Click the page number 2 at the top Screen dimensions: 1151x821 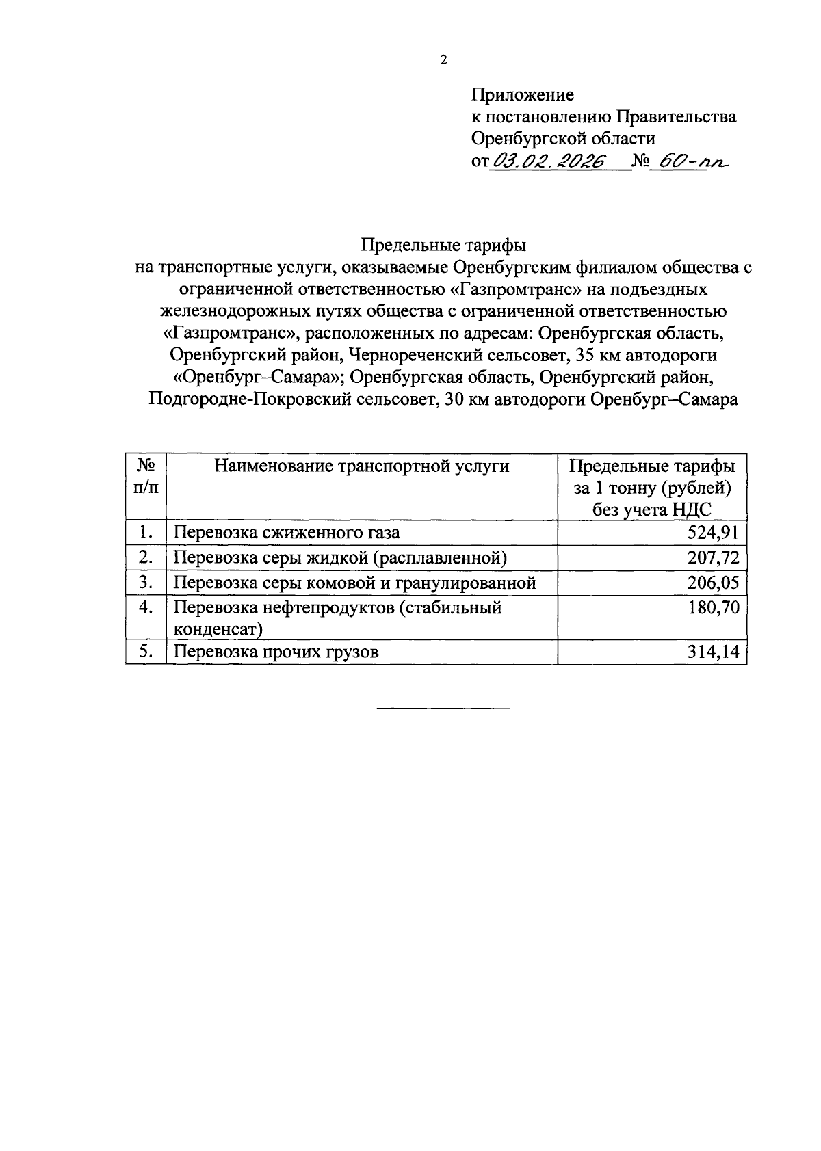point(443,60)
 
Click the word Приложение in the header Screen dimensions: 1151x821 point(523,94)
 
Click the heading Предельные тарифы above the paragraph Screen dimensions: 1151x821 point(443,245)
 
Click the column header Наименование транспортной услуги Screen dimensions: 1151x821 point(361,466)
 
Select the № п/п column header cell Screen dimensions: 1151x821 point(146,477)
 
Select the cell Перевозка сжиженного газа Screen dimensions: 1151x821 point(286,533)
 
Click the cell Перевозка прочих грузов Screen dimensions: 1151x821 point(276,652)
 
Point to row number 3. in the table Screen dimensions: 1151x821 point(146,583)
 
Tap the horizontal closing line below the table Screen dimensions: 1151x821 point(443,708)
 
